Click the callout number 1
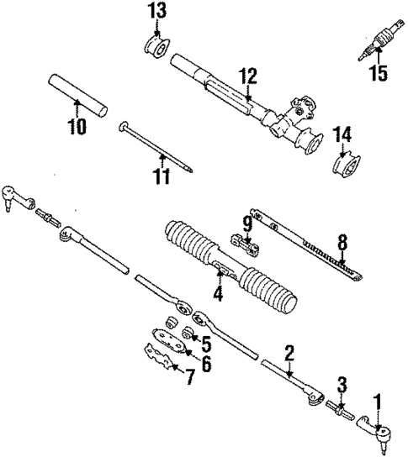pyautogui.click(x=378, y=403)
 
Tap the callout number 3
pyautogui.click(x=341, y=386)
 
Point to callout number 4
pyautogui.click(x=217, y=293)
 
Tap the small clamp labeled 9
pyautogui.click(x=245, y=244)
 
